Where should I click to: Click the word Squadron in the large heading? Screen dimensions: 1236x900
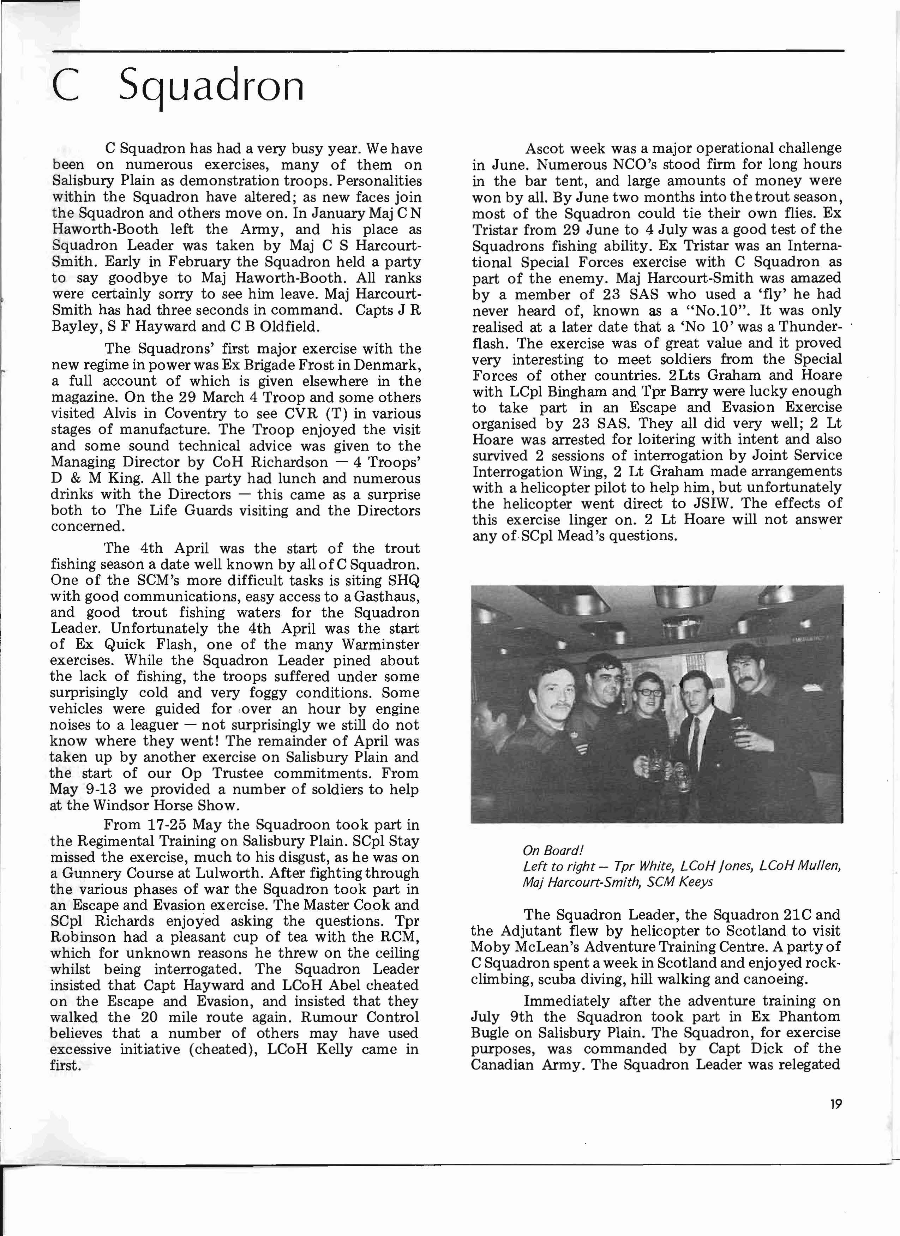(x=211, y=87)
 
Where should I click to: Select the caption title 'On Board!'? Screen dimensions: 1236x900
(x=553, y=851)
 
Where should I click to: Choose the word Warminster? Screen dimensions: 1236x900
(x=380, y=645)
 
